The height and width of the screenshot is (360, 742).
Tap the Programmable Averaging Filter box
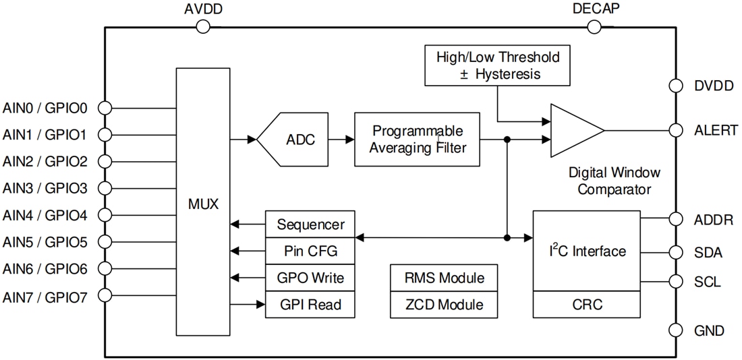(418, 140)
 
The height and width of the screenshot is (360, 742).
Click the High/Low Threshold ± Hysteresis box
(498, 65)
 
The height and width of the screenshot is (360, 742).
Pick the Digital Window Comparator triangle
(573, 131)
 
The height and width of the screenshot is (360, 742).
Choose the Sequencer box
(310, 224)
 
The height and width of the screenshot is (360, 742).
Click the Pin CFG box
(310, 251)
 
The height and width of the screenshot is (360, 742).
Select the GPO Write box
(310, 278)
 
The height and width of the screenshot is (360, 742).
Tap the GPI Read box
(310, 305)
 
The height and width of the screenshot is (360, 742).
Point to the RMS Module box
(444, 278)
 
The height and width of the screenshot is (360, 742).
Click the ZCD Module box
(444, 305)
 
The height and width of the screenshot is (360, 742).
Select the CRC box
(586, 305)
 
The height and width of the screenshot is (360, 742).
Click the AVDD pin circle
(203, 26)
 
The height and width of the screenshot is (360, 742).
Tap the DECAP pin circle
(594, 26)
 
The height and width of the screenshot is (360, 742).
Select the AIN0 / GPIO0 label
(45, 107)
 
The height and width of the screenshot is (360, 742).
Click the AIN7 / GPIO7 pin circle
(105, 295)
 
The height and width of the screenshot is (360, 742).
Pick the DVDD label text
(714, 86)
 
